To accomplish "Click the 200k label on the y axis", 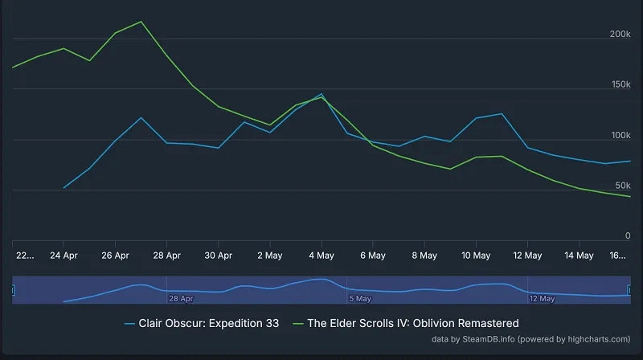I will click(x=620, y=35).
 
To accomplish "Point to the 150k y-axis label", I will click(x=620, y=85).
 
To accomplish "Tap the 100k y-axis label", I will click(x=620, y=136).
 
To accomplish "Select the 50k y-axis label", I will click(x=622, y=186).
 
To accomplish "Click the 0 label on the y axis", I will click(x=628, y=236).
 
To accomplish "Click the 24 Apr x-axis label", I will click(x=64, y=256).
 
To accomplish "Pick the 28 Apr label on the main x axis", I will click(x=167, y=256).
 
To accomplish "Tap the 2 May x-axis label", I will click(x=270, y=256).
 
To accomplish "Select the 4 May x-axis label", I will click(x=321, y=256).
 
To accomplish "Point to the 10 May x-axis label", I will click(x=476, y=256).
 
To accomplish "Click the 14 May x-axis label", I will click(x=579, y=256).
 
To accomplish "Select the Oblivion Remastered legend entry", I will click(x=413, y=323).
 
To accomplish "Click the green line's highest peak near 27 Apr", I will click(x=141, y=22).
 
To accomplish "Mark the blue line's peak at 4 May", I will click(x=321, y=94).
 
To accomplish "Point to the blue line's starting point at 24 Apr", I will click(x=64, y=188).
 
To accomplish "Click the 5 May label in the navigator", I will click(x=359, y=298).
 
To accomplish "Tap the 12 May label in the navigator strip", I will click(x=542, y=298).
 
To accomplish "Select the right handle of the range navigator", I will click(x=630, y=289).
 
